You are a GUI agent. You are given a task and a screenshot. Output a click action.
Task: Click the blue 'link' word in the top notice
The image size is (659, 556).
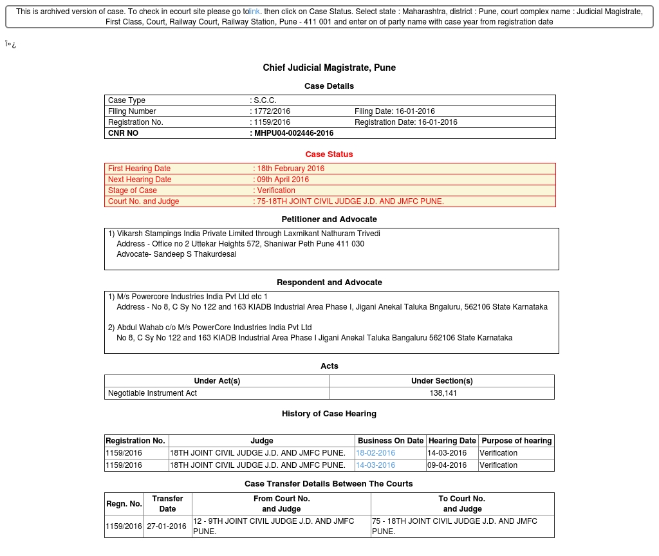pyautogui.click(x=254, y=12)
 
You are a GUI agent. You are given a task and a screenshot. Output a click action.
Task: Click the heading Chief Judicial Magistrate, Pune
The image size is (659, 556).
pyautogui.click(x=329, y=68)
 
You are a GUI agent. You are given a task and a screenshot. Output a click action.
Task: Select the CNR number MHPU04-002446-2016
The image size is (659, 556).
pyautogui.click(x=293, y=133)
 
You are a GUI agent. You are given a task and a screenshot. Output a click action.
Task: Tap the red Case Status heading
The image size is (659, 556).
pyautogui.click(x=329, y=154)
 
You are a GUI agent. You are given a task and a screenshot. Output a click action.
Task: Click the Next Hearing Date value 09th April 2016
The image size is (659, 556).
pyautogui.click(x=283, y=180)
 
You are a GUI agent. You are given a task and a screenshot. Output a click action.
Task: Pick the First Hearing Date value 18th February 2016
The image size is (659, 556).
pyautogui.click(x=290, y=169)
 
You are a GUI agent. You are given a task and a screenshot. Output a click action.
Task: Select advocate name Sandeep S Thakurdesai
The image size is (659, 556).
pyautogui.click(x=194, y=254)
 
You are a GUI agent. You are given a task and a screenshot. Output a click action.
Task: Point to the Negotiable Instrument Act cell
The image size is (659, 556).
pyautogui.click(x=153, y=393)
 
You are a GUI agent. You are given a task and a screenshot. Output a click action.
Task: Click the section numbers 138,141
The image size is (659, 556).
pyautogui.click(x=443, y=393)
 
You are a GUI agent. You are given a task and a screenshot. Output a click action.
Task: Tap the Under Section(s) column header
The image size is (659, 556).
pyautogui.click(x=441, y=381)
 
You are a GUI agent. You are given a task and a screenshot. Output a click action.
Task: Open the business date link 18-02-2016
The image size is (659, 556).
pyautogui.click(x=376, y=453)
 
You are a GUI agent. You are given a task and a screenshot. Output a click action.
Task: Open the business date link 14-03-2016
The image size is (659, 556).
pyautogui.click(x=376, y=465)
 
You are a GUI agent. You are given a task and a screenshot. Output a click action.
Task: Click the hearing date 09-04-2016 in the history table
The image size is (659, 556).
pyautogui.click(x=447, y=465)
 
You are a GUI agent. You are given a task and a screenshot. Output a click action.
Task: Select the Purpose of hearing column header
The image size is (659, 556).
pyautogui.click(x=516, y=441)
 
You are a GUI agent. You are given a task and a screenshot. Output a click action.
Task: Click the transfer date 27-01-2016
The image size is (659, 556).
pyautogui.click(x=167, y=526)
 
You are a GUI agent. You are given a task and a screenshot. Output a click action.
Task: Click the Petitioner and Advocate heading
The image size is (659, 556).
pyautogui.click(x=329, y=219)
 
